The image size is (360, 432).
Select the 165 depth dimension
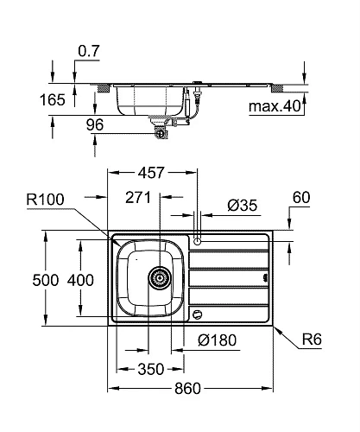click(x=54, y=100)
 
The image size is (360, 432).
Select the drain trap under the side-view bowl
click(x=161, y=130)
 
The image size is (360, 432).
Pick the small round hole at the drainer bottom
click(x=200, y=314)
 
